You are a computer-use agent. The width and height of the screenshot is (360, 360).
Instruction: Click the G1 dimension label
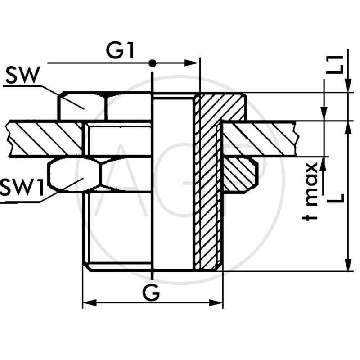click(120, 50)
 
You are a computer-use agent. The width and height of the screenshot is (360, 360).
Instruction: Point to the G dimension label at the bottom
click(151, 293)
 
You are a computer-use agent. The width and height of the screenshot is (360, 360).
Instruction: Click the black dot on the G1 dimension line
click(153, 63)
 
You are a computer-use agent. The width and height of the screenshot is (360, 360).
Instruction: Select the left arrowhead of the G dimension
click(88, 303)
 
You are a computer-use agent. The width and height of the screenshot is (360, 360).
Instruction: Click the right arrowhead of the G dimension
click(218, 303)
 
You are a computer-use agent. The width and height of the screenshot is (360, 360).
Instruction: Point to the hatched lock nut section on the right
click(240, 175)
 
